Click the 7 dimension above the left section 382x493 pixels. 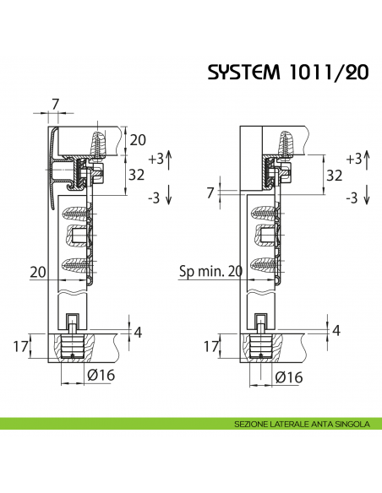(x=56, y=104)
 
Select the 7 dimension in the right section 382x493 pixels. (x=210, y=192)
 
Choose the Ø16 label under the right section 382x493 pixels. (x=287, y=377)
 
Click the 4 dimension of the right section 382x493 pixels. (x=336, y=330)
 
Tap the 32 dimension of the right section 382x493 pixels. (x=334, y=176)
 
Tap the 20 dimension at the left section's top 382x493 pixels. (x=139, y=140)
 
